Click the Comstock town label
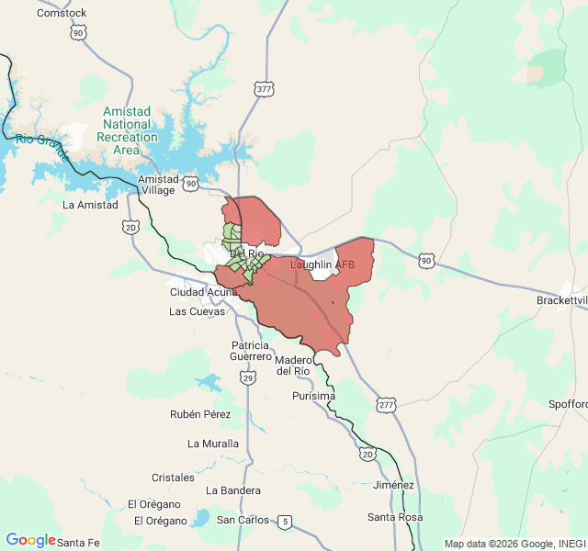click(62, 13)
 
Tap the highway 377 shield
click(265, 89)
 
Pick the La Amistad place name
click(90, 205)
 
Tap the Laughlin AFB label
click(322, 264)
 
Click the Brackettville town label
click(562, 301)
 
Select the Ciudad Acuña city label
click(203, 292)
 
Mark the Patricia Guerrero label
click(251, 350)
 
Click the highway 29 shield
click(247, 377)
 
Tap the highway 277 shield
click(386, 405)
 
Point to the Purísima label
click(313, 396)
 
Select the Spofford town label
click(567, 404)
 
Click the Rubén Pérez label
click(200, 414)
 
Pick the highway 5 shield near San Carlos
click(286, 523)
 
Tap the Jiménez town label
click(394, 485)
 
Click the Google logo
click(30, 540)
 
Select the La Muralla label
click(213, 444)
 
